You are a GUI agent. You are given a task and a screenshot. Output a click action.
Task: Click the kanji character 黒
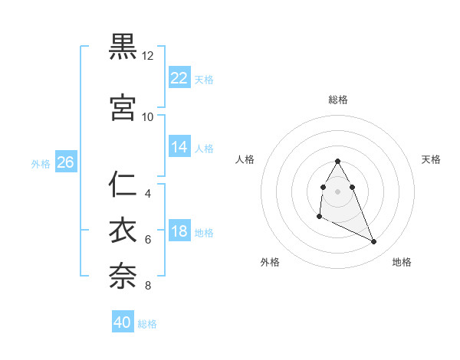click(x=123, y=47)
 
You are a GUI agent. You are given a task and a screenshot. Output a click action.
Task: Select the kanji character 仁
click(x=123, y=185)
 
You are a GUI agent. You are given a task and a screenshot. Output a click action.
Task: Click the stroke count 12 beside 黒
click(x=148, y=56)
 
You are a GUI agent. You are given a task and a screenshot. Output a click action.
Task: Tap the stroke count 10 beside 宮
click(x=148, y=117)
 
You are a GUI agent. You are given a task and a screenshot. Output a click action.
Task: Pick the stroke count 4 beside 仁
click(x=148, y=194)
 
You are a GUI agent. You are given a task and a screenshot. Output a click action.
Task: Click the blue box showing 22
click(x=179, y=78)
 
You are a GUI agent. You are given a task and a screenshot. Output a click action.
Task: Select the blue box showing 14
click(x=179, y=148)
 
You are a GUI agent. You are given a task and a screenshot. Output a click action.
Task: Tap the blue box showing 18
click(x=179, y=232)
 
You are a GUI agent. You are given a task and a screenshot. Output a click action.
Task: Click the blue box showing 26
click(x=65, y=162)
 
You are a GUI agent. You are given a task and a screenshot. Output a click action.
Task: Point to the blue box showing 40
click(x=123, y=323)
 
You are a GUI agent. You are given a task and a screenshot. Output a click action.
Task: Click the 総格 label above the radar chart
click(x=338, y=100)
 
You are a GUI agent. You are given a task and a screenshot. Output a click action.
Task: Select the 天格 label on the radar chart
click(x=431, y=159)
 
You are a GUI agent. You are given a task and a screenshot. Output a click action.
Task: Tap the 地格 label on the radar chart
click(x=402, y=262)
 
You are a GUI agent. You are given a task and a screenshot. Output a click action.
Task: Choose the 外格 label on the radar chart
click(x=270, y=262)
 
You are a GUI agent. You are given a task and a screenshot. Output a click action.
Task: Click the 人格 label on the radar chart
click(x=245, y=159)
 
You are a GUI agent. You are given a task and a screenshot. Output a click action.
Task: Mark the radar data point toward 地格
click(x=374, y=242)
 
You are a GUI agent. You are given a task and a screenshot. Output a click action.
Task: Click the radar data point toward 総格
click(x=337, y=162)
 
